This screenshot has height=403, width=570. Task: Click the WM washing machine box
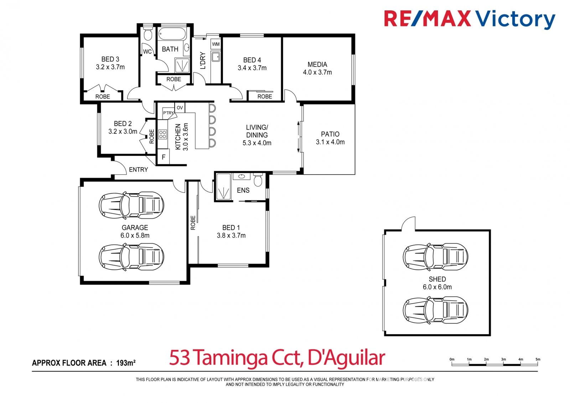pos(216,44)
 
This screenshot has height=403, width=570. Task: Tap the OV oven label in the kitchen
pos(180,108)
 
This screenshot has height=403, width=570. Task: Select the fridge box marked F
pos(164,157)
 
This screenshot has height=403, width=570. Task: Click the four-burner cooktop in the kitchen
pos(162,134)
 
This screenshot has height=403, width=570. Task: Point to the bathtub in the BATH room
pos(172,34)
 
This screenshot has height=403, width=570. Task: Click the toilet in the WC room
pos(147,33)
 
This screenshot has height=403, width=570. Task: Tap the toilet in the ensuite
pos(258,180)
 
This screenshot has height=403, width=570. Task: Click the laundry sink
pos(216,57)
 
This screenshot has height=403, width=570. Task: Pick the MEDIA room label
pos(317,64)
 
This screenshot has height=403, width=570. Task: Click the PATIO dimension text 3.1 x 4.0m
pos(330,142)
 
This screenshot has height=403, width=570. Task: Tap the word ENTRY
pos(139,170)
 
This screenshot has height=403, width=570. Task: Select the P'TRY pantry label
pos(168,113)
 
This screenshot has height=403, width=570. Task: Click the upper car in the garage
pos(131,205)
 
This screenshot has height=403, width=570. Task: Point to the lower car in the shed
pos(435,310)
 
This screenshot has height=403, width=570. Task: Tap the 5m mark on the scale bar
pos(538,359)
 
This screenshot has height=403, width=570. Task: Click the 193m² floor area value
pos(126,363)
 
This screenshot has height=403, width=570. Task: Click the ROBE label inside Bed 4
pos(265,97)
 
